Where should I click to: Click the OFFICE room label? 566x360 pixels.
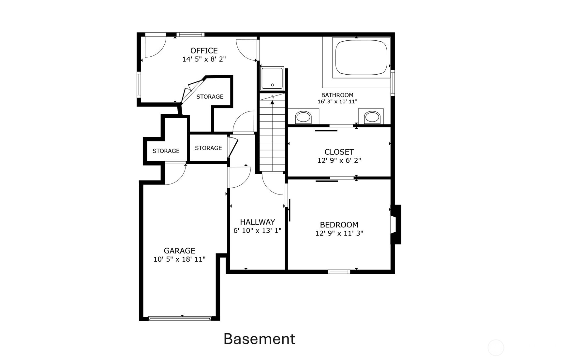pos(204,50)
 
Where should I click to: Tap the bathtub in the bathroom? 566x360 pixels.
pos(361,57)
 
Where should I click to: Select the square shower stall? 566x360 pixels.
pos(272,79)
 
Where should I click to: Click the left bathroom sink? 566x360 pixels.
pos(303,117)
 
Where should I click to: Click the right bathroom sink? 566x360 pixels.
pos(372,117)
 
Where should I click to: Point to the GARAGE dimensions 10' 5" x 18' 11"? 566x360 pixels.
pos(179,259)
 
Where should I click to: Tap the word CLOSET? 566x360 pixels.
pos(339,152)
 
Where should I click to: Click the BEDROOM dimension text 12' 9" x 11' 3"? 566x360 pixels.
pos(339,233)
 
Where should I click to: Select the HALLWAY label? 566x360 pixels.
pos(257,222)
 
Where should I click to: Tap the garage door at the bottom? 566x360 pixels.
pos(179,318)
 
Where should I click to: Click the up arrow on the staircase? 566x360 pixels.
pos(272,103)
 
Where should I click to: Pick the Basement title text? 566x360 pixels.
pos(259,339)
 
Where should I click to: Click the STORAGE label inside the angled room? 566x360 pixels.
pos(210,96)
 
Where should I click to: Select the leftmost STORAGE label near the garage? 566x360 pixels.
pos(166,151)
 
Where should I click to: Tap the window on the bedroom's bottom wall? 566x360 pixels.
pos(339,271)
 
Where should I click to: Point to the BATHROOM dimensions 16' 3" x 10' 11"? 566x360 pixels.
pos(337,102)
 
